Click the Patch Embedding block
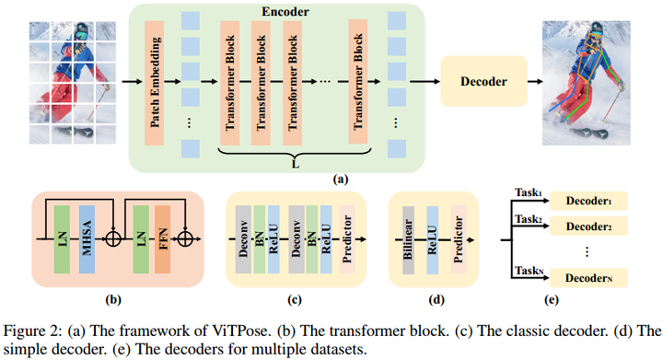click(x=155, y=82)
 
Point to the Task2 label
click(x=528, y=218)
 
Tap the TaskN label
click(x=528, y=269)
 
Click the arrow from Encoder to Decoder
click(x=425, y=81)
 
